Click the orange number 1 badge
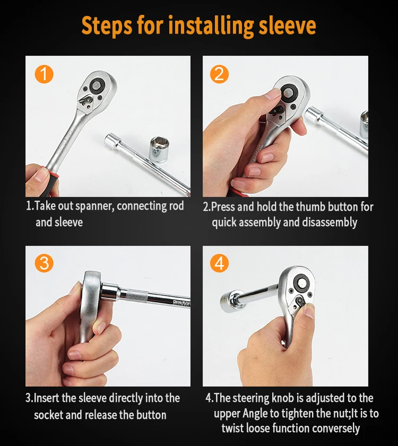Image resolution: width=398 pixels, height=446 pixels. point(44,74)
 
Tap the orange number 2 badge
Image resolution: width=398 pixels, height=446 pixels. point(219,74)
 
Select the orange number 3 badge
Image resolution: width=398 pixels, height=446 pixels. point(44,263)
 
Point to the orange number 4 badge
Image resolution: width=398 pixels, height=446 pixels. point(219,263)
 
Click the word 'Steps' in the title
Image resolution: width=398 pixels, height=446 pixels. point(107,26)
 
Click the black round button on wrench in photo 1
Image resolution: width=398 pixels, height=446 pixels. point(97,85)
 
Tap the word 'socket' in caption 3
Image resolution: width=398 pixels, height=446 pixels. point(48,415)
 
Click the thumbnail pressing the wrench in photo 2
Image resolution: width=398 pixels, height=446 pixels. point(273,94)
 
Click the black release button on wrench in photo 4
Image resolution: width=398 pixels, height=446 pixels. point(301,281)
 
